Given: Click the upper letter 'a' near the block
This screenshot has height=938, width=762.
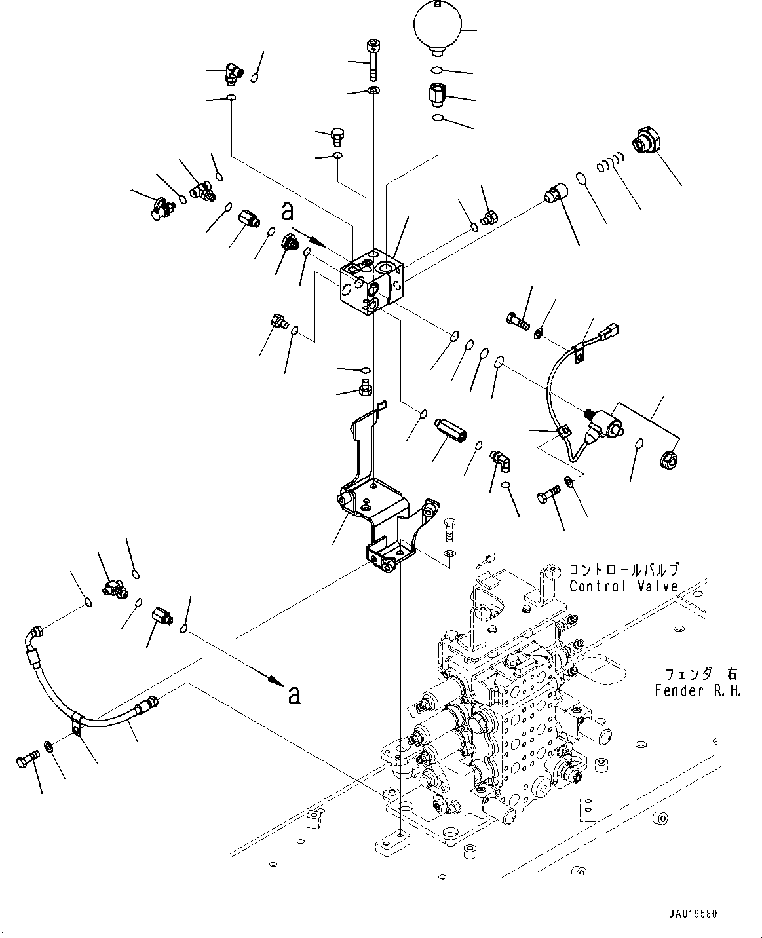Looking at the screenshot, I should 286,211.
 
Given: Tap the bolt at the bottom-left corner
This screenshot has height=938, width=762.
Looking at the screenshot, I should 27,760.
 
